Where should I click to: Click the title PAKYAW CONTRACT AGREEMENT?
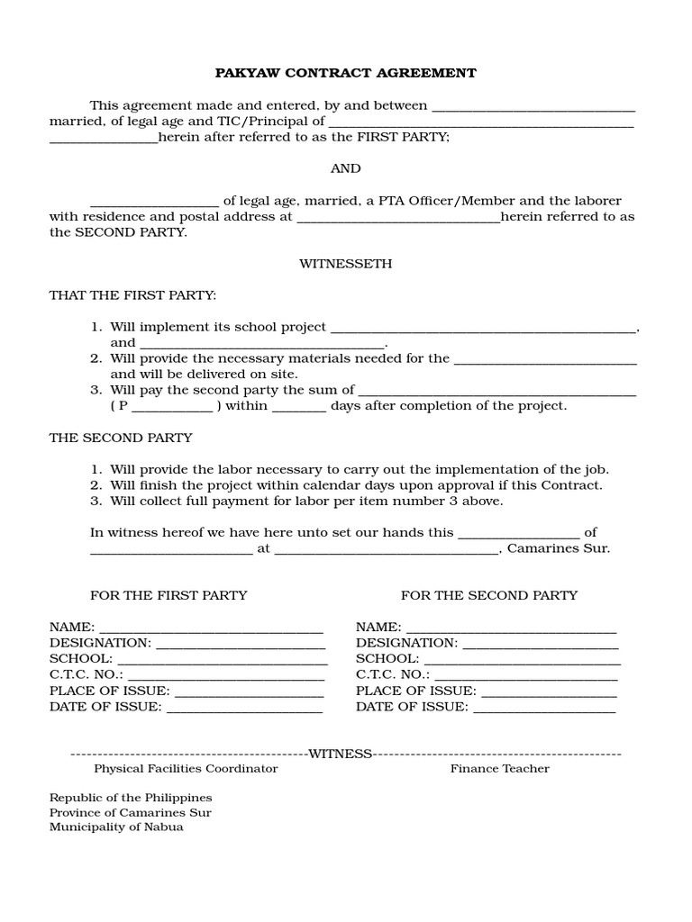[x=345, y=73]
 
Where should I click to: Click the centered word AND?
[x=345, y=168]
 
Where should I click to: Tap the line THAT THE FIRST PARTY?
[x=132, y=295]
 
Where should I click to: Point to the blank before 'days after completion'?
[x=298, y=406]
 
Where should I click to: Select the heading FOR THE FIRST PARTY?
[x=168, y=595]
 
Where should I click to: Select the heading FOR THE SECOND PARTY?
[x=489, y=595]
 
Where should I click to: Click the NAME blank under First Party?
[x=211, y=628]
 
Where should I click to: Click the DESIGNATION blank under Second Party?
[x=541, y=644]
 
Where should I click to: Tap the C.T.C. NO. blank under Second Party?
[x=526, y=675]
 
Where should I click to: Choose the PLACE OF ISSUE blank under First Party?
[x=249, y=691]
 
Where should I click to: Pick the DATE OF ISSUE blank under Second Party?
[x=544, y=708]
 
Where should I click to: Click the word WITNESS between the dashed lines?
[x=341, y=754]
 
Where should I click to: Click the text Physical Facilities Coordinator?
[x=186, y=769]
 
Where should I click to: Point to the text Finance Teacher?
[x=500, y=769]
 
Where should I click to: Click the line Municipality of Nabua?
[x=116, y=827]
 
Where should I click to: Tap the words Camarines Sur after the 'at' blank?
[x=559, y=548]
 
